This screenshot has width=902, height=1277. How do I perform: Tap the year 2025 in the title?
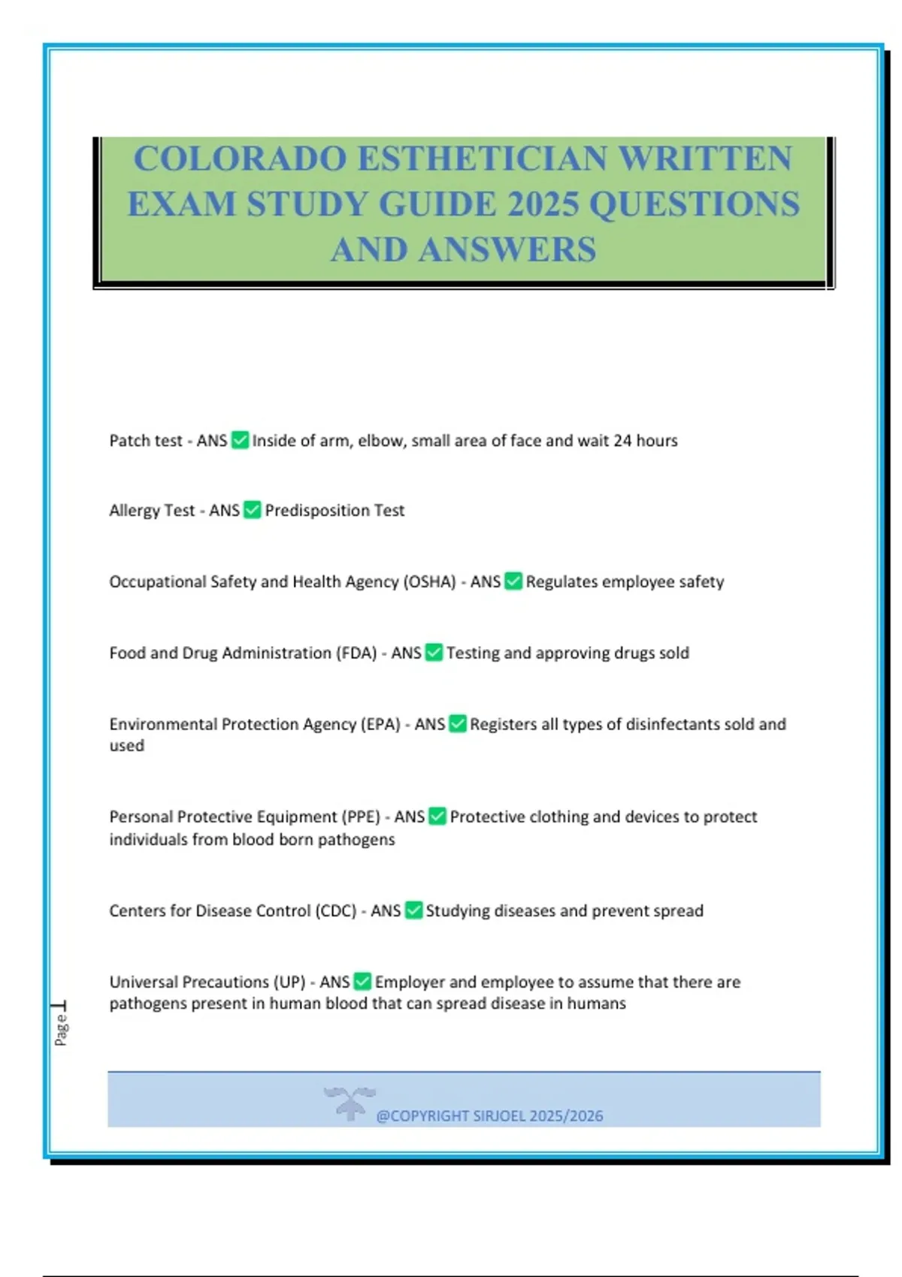pos(542,204)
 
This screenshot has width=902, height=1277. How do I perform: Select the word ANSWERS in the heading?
pos(507,250)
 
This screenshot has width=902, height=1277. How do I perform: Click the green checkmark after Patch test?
pos(240,440)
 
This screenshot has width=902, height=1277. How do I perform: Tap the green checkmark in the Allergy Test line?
pos(253,511)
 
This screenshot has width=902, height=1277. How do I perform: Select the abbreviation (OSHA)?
pos(430,582)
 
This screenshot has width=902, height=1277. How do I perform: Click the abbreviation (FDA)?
pos(356,654)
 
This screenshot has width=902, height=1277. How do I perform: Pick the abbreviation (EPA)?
pos(380,725)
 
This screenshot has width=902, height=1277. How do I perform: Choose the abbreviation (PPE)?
pos(361,817)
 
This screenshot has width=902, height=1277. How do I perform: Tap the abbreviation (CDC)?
pos(335,911)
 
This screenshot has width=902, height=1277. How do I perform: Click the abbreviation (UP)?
pos(289,983)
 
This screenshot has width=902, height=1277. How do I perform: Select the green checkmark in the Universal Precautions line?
pos(362,982)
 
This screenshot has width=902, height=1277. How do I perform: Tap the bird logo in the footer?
pos(350,1102)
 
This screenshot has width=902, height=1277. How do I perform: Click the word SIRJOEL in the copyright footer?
pos(499,1116)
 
